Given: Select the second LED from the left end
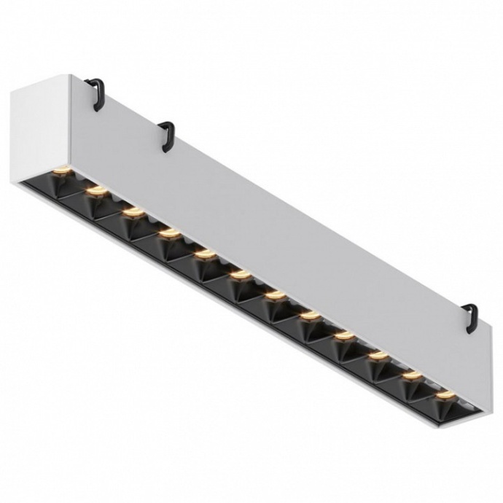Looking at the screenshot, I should tap(95, 191).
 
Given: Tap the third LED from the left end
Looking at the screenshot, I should tap(132, 212).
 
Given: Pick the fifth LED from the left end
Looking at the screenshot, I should tap(204, 254).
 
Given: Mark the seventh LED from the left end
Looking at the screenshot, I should tap(275, 295).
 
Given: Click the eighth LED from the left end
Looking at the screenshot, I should tap(310, 315).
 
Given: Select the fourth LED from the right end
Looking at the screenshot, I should tap(343, 335).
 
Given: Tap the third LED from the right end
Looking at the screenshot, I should tap(378, 356).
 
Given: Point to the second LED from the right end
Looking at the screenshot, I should tap(412, 375).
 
